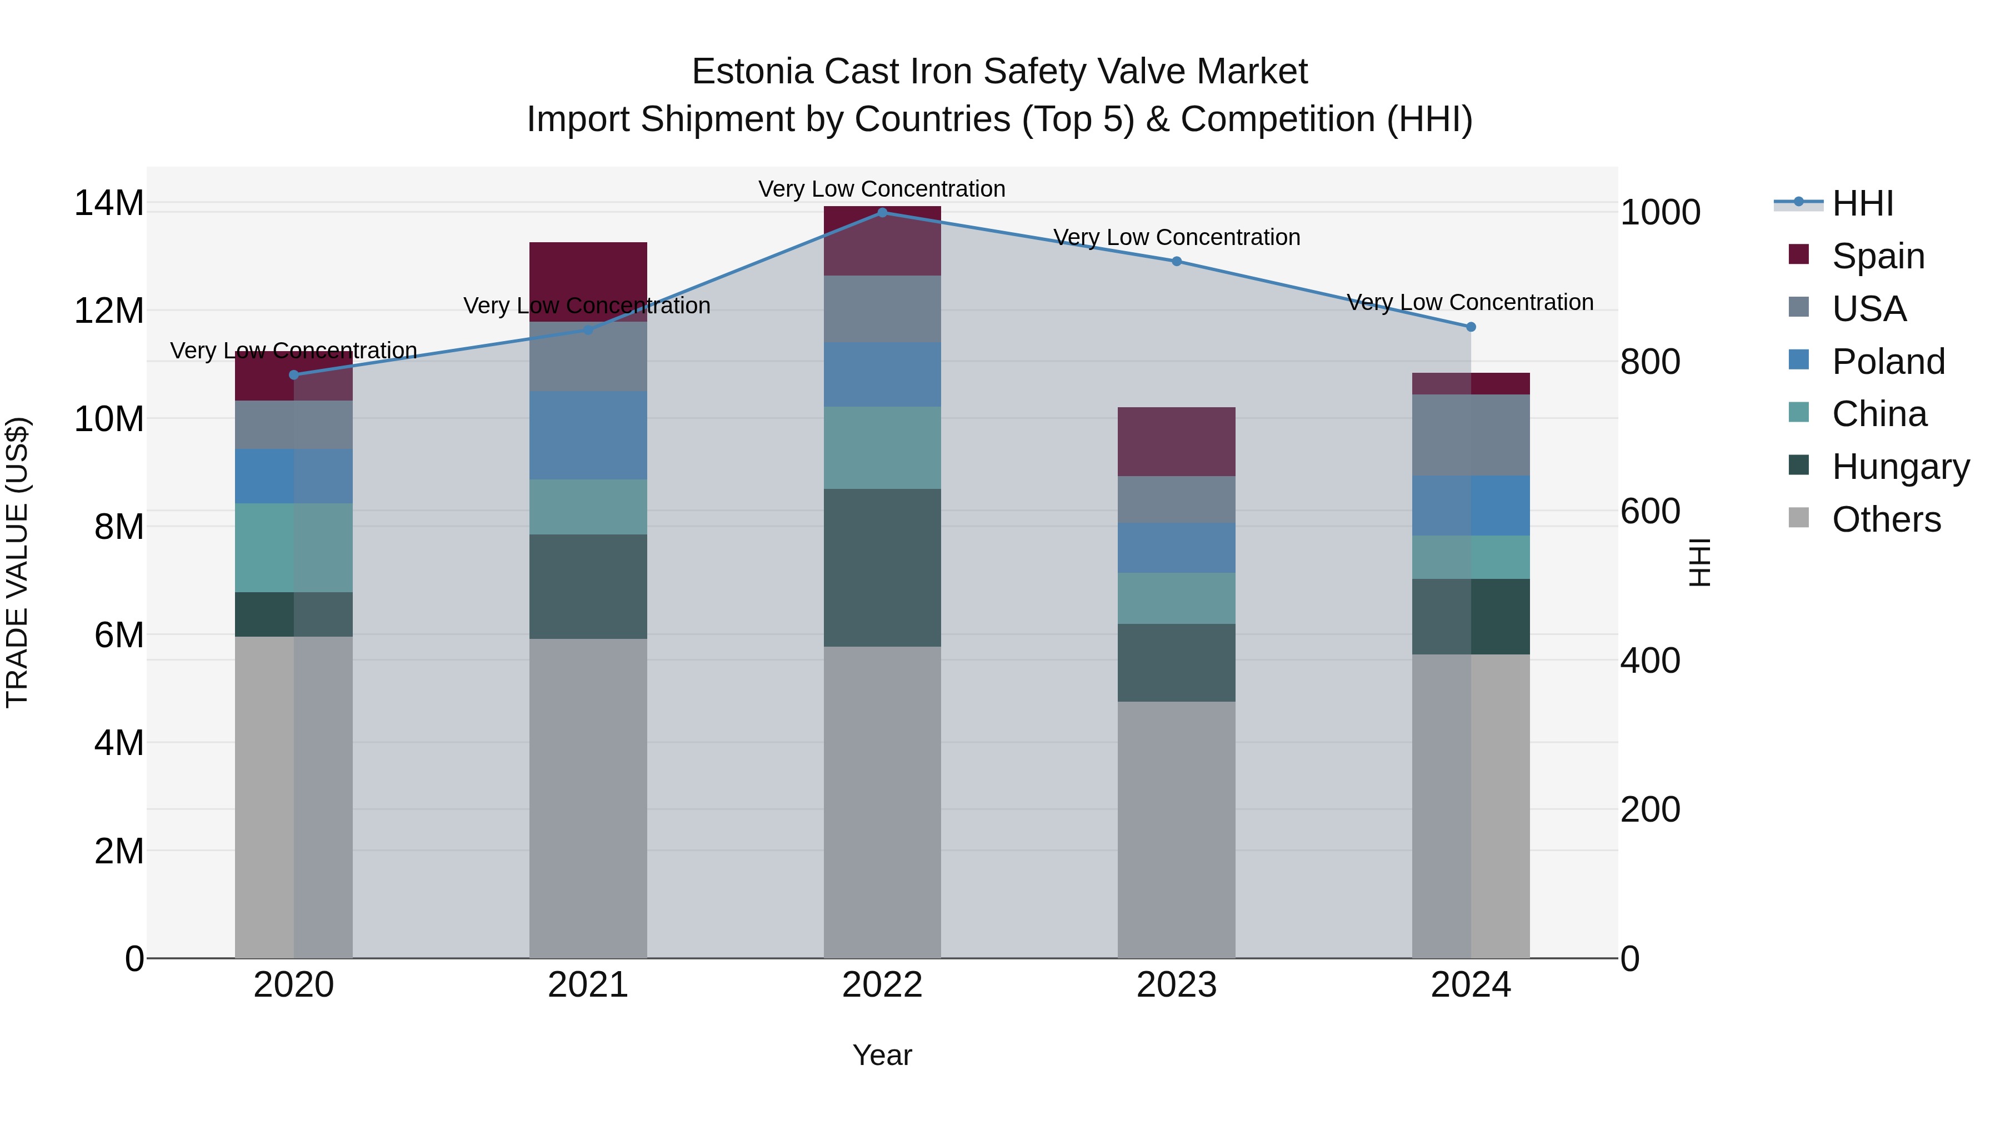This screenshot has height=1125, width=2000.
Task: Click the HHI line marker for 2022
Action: [882, 212]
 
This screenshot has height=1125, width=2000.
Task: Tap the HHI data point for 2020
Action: [293, 375]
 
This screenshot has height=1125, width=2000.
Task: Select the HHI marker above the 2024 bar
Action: [1471, 327]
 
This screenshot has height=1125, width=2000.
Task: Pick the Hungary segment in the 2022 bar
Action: [882, 568]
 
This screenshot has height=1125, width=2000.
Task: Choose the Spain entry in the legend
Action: [1877, 256]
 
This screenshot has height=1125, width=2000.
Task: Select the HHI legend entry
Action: [1862, 203]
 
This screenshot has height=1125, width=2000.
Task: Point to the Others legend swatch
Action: [1798, 518]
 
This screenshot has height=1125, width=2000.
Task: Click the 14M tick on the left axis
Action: [109, 203]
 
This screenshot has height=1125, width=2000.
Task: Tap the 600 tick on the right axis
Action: [1650, 511]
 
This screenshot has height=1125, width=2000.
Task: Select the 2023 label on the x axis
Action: [1176, 985]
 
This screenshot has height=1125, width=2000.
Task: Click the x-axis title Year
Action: [882, 1055]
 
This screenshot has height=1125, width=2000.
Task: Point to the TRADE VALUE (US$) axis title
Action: [17, 562]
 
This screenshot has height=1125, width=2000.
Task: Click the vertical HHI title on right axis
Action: [1701, 562]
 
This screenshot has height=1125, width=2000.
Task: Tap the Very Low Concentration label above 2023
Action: [1176, 238]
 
